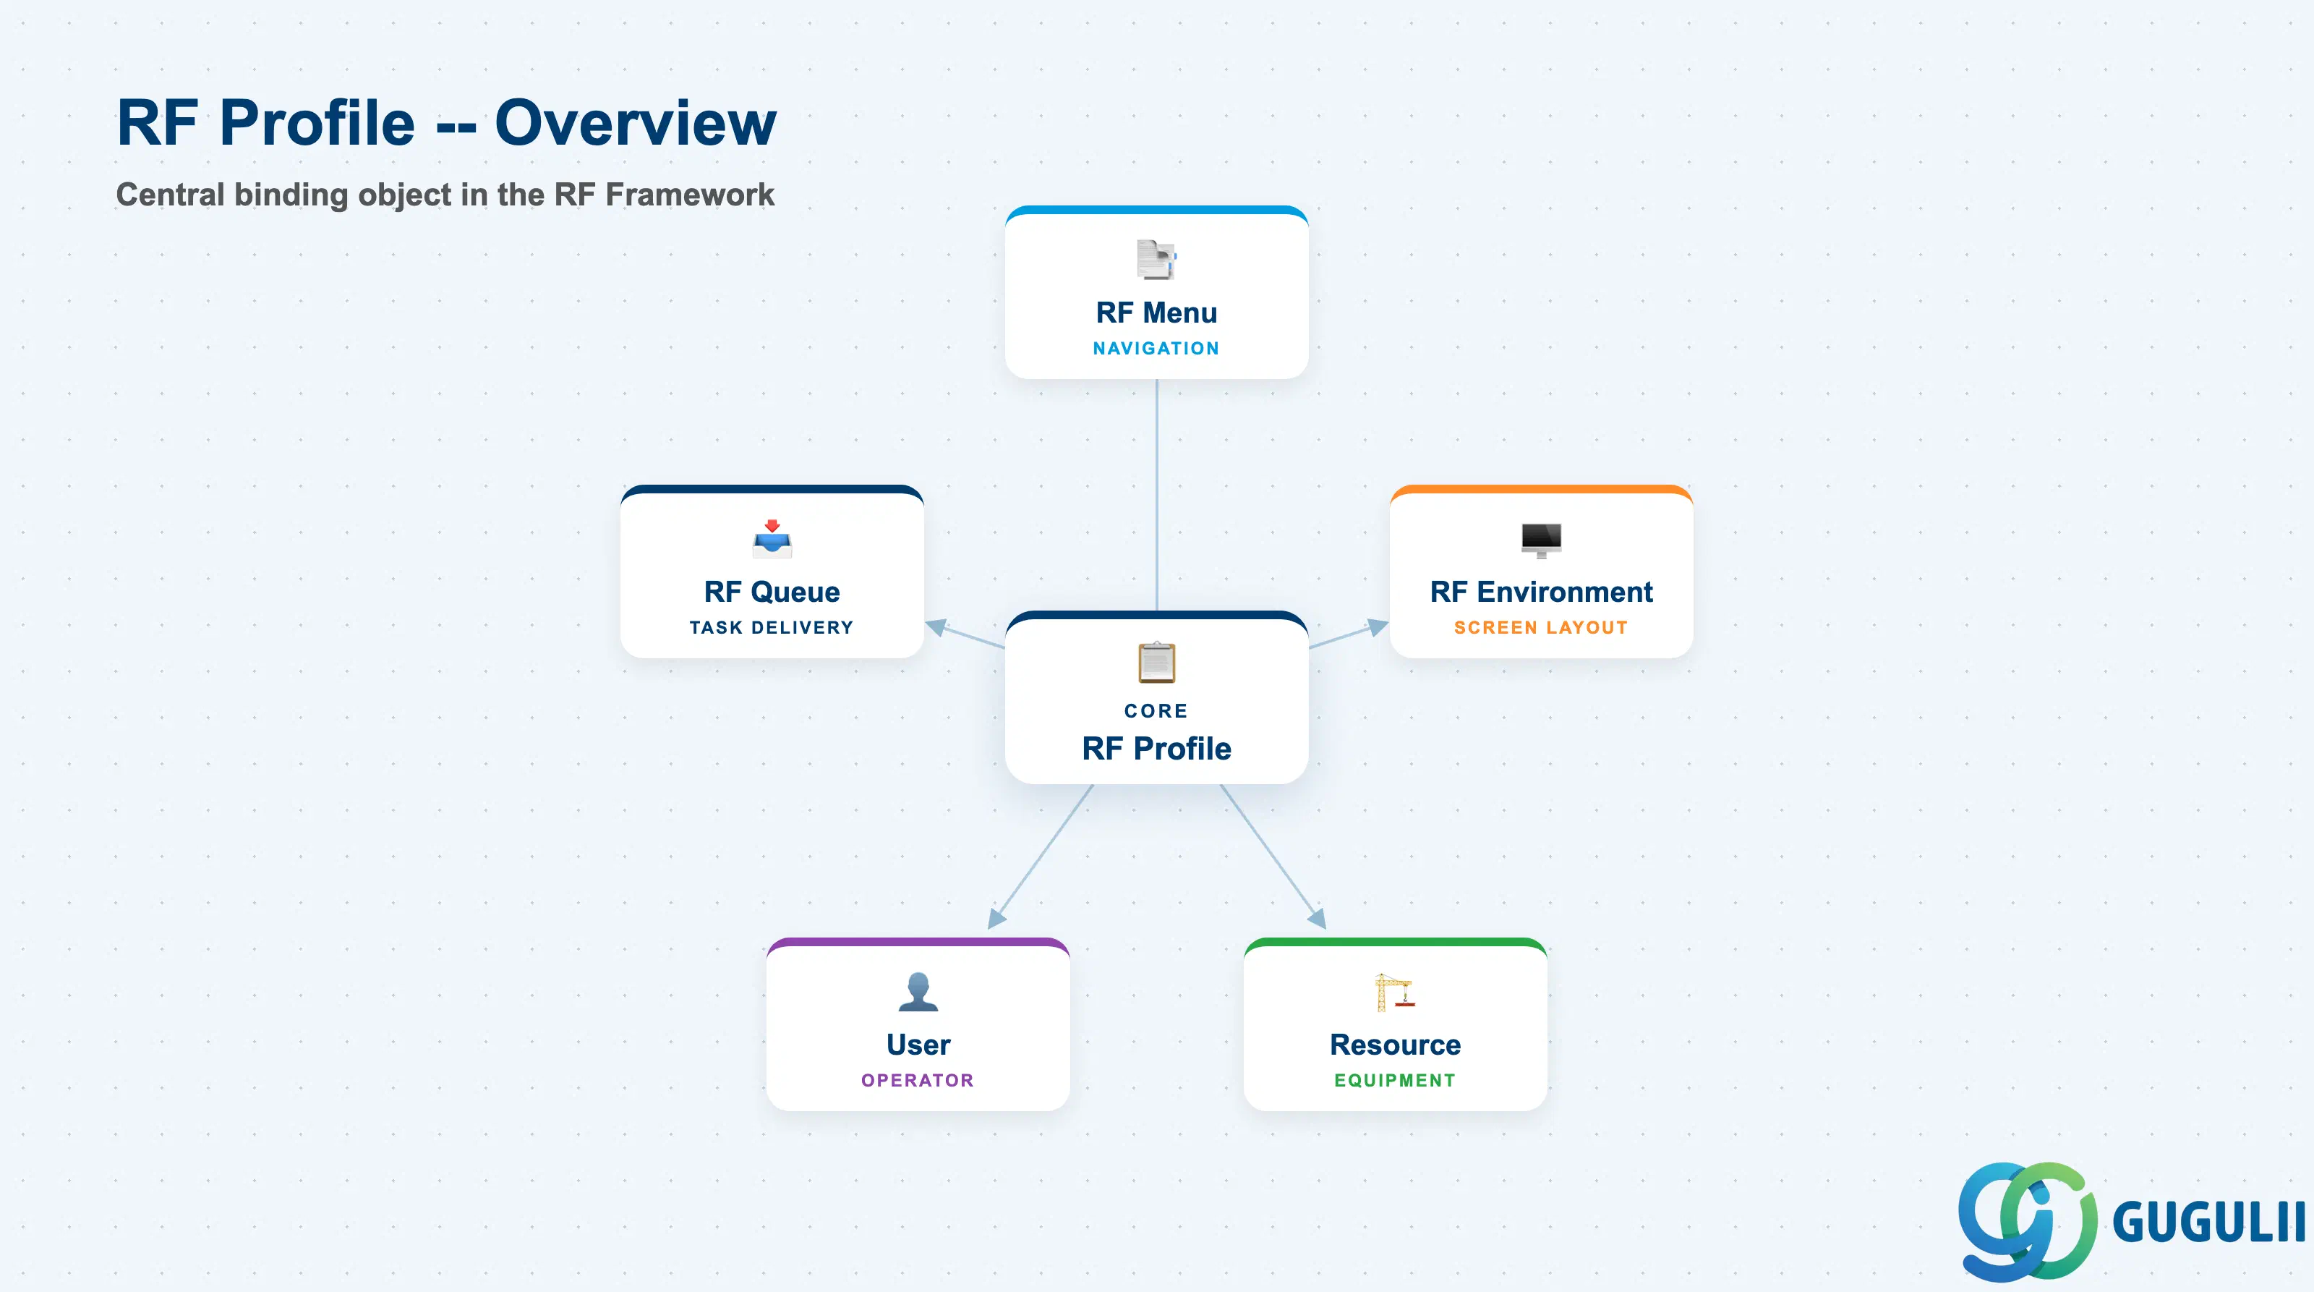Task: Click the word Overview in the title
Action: coord(635,123)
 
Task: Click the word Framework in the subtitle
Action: coord(690,195)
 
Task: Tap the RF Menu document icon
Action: coord(1156,259)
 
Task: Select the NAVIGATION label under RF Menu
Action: coord(1156,349)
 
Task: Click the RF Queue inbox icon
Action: coord(772,538)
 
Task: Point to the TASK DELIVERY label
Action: coord(772,628)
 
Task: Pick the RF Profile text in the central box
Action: coord(1156,749)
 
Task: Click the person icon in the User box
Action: coord(918,992)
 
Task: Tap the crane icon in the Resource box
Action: coord(1395,992)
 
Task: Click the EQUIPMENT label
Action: coord(1395,1081)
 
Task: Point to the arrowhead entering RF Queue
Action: coord(936,627)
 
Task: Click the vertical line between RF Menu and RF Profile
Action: coord(1156,495)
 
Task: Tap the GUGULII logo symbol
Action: coord(2028,1221)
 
